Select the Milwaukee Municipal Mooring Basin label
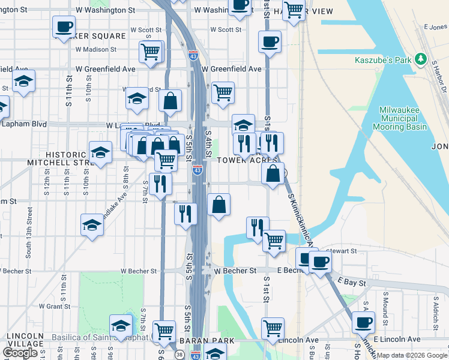[x=399, y=118]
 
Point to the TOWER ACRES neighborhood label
[x=247, y=160]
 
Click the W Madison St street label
[x=101, y=50]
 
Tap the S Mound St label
[x=385, y=304]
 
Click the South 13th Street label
[x=29, y=233]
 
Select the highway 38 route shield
[x=163, y=355]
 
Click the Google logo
[x=20, y=352]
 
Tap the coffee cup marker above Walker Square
[x=64, y=26]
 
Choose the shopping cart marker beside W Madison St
[x=150, y=51]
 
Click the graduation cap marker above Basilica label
[x=121, y=326]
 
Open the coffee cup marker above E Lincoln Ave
[x=363, y=322]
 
